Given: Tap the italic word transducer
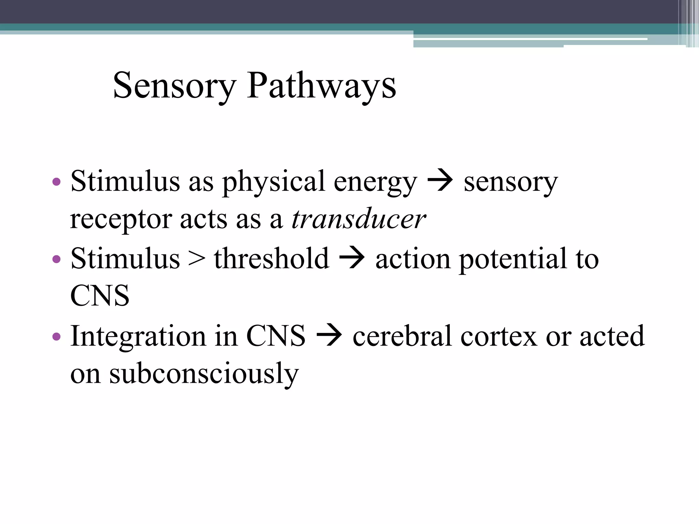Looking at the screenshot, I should (358, 219).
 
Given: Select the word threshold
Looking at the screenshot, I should (271, 258).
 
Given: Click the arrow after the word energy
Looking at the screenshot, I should (440, 181).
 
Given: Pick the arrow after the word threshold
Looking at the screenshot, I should (352, 259).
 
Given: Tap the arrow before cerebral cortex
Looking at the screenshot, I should (329, 336).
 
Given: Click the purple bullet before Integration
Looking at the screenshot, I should (57, 337).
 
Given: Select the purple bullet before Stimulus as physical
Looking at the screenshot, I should (57, 182).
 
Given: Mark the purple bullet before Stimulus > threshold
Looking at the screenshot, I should (57, 259).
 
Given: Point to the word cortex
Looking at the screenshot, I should (499, 336).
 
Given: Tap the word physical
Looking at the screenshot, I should (273, 181).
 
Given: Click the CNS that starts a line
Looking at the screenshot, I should (100, 296).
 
